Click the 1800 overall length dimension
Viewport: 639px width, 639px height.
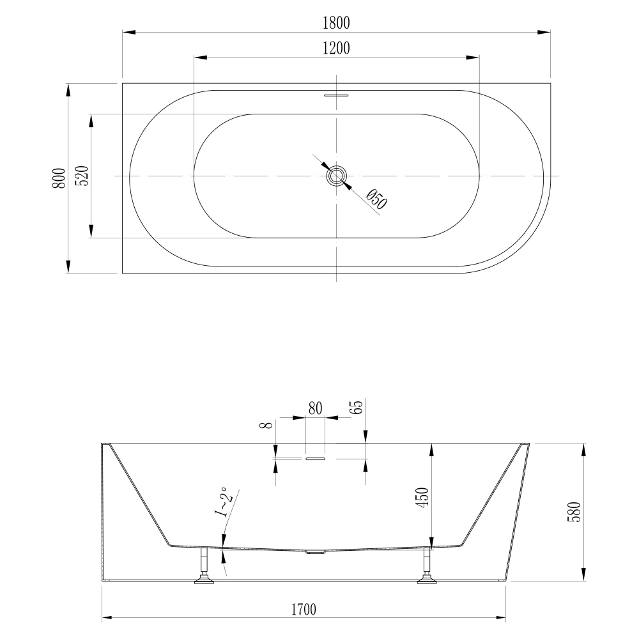click(x=337, y=23)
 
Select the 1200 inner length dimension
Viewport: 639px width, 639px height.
click(x=336, y=49)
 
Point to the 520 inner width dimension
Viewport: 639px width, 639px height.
click(x=82, y=176)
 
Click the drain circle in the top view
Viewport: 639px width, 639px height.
click(x=336, y=176)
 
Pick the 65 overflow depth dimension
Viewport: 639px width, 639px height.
click(x=358, y=408)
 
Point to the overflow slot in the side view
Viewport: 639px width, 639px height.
click(x=316, y=458)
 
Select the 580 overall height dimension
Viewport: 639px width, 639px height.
click(x=573, y=511)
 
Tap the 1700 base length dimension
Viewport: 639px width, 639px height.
click(x=305, y=609)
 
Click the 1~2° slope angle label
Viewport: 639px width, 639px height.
click(x=222, y=502)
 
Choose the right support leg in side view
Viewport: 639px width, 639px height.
click(x=426, y=566)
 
